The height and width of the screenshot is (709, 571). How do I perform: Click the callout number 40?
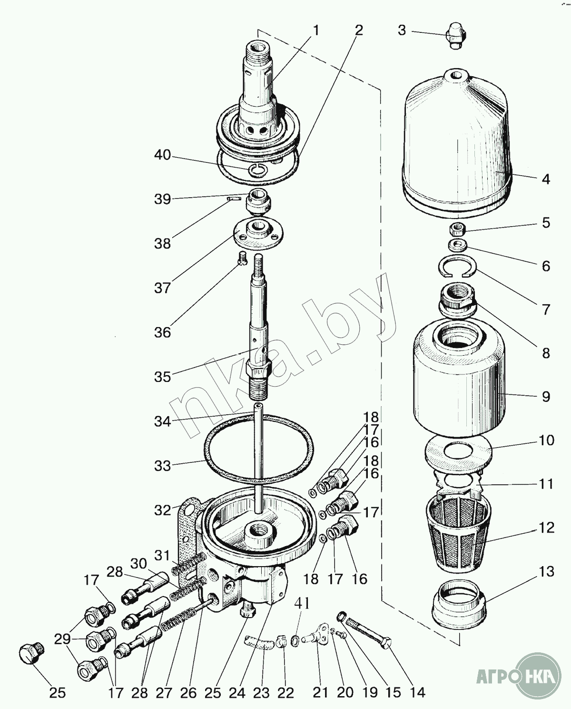(x=162, y=156)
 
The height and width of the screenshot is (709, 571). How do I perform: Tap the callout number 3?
(x=402, y=30)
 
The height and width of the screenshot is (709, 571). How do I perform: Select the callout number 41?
(x=302, y=604)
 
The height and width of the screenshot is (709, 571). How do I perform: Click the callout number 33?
(x=162, y=465)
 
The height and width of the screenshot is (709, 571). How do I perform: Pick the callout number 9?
(x=546, y=396)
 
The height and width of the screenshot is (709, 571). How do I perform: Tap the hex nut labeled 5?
(x=457, y=230)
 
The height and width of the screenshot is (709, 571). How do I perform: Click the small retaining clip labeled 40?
(x=257, y=169)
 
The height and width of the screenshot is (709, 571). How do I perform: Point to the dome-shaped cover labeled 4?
(x=457, y=143)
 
